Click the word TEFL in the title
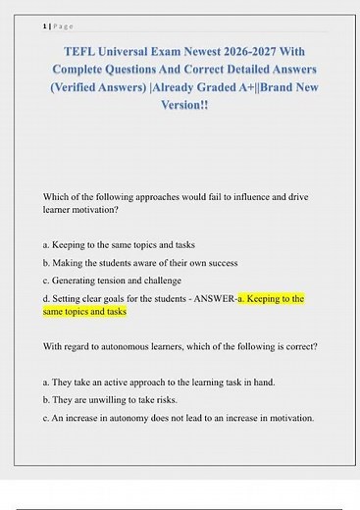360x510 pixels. click(x=85, y=53)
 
